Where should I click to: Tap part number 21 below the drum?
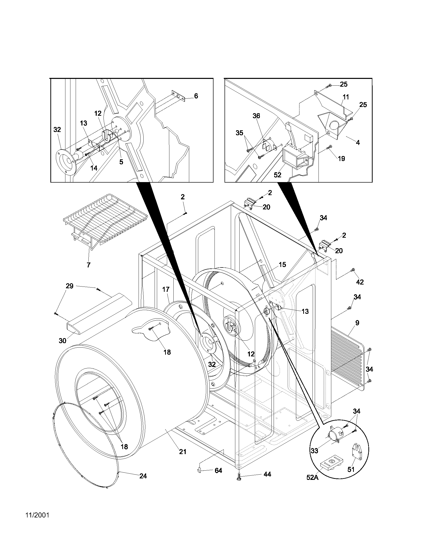click(x=183, y=452)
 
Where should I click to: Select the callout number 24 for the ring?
click(x=143, y=476)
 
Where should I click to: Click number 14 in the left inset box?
click(x=94, y=168)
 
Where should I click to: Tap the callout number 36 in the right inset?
click(x=256, y=116)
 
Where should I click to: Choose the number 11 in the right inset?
click(x=346, y=97)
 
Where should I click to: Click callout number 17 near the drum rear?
click(x=166, y=289)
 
